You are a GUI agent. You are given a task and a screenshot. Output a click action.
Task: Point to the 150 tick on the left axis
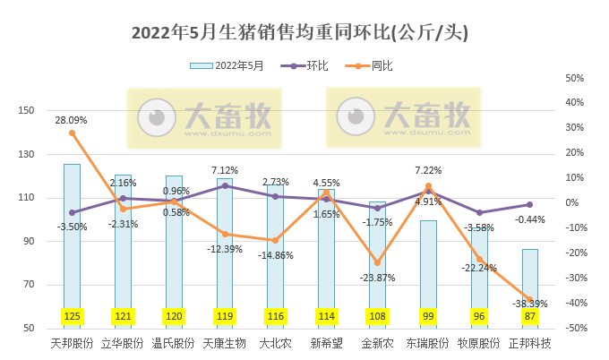27,111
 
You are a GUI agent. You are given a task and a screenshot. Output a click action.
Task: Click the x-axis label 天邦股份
73,344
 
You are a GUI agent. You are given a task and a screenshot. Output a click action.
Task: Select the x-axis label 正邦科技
530,344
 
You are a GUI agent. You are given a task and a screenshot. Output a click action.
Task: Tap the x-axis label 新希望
327,344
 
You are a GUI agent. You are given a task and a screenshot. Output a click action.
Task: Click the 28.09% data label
71,119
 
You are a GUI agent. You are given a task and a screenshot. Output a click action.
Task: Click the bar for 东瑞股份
428,269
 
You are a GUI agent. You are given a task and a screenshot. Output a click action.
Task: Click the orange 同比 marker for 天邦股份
72,133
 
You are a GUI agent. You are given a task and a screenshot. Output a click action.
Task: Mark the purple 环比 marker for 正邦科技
530,204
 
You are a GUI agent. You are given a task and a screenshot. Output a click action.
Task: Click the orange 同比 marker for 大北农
275,240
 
